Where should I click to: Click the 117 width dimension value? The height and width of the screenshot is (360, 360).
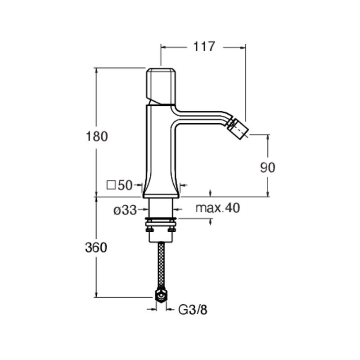(204, 47)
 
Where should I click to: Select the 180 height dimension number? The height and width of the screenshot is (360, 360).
(97, 136)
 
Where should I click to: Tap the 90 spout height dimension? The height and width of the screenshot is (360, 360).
(267, 167)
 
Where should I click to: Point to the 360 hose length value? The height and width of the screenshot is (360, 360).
(96, 248)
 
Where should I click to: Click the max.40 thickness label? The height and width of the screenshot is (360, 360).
(217, 208)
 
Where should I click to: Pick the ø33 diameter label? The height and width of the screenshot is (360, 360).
(125, 210)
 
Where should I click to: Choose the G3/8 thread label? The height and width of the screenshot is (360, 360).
(193, 310)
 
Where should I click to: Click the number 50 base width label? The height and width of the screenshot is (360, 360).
(125, 185)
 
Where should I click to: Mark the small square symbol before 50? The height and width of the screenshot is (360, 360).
(111, 185)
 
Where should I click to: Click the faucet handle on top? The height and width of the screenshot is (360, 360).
(161, 86)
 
